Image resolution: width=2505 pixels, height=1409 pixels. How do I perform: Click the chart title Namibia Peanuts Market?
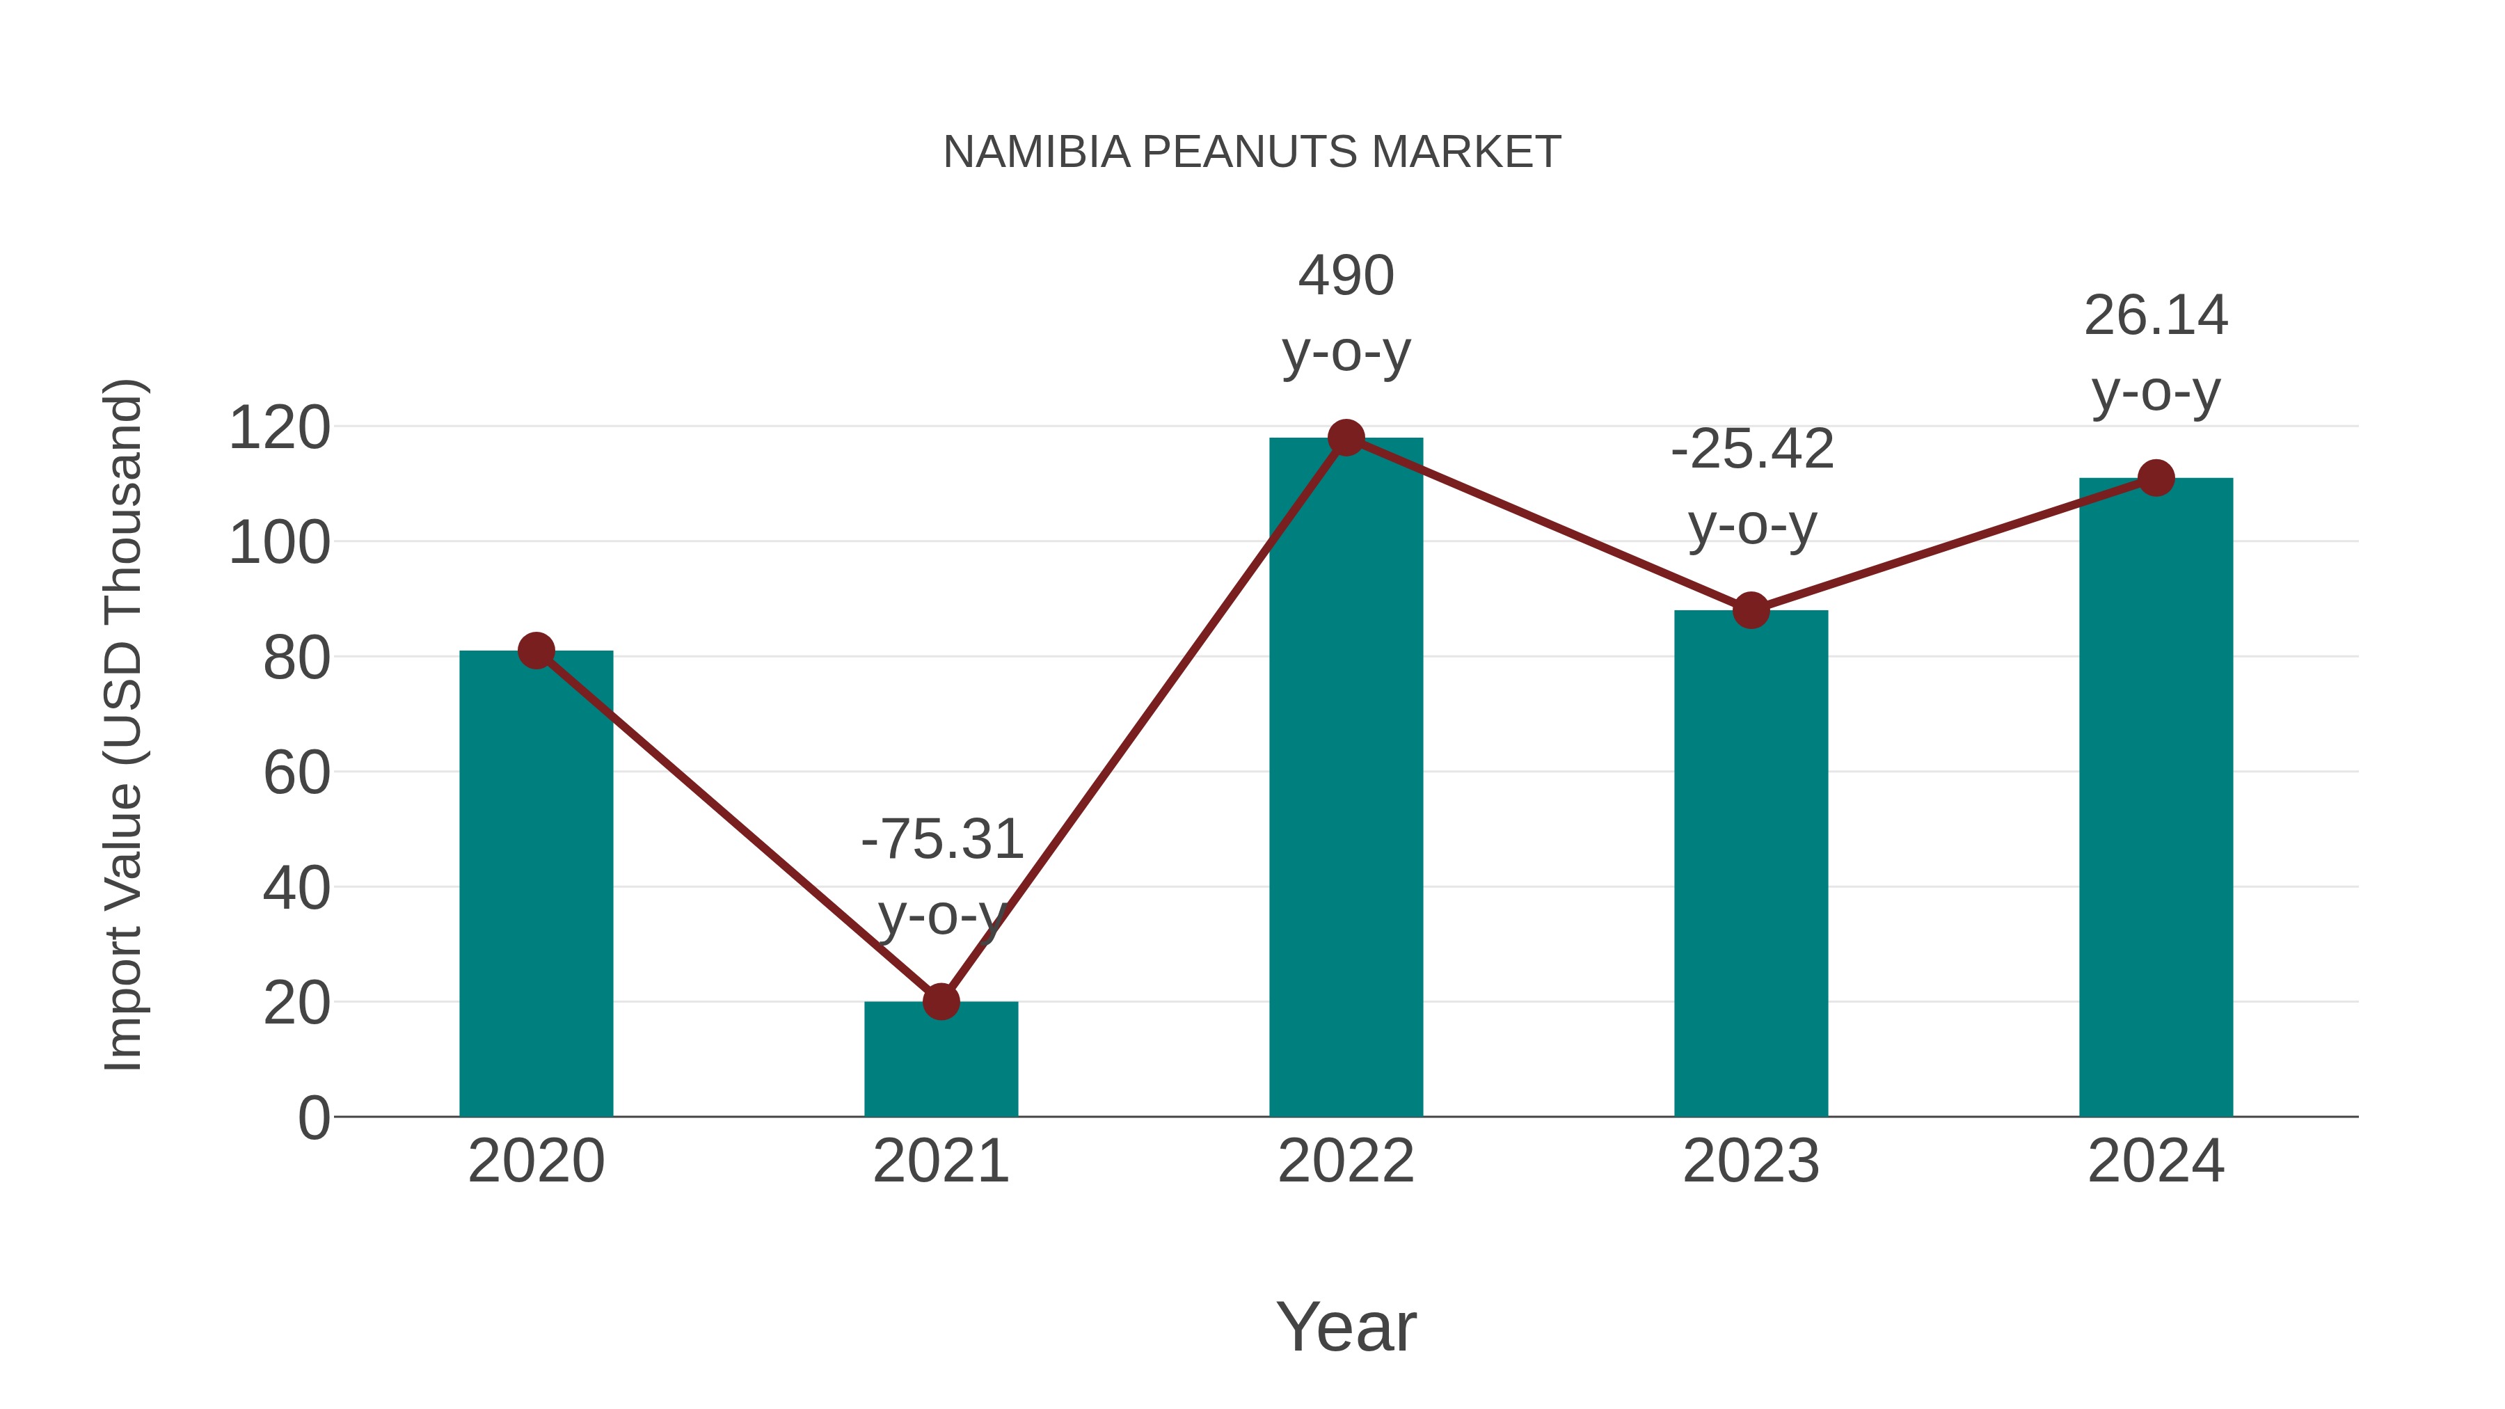pos(1252,152)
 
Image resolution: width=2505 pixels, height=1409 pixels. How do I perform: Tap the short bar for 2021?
pos(940,1059)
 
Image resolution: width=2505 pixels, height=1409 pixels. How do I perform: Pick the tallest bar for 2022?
pos(1346,777)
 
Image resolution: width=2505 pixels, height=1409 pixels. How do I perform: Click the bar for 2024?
pos(2156,797)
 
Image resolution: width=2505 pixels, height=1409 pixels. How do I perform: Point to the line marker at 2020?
pos(536,651)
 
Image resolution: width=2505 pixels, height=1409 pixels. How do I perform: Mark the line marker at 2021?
pos(940,1001)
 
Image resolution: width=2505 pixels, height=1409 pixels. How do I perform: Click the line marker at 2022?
pos(1346,438)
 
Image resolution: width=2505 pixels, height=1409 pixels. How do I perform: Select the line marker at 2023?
pos(1751,611)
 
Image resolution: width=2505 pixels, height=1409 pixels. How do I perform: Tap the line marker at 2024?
pos(2156,477)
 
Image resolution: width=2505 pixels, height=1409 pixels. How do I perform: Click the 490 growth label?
pos(1346,276)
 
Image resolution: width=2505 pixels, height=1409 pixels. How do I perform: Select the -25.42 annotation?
pos(1751,449)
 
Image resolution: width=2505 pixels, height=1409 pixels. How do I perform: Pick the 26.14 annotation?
pos(2156,316)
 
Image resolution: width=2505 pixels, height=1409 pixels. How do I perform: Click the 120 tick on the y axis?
pos(279,428)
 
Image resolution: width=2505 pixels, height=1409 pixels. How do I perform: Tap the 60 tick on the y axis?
pos(296,773)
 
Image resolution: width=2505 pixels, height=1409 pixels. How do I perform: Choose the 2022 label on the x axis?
pos(1346,1161)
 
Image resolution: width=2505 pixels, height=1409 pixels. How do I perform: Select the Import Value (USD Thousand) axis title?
pos(125,724)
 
